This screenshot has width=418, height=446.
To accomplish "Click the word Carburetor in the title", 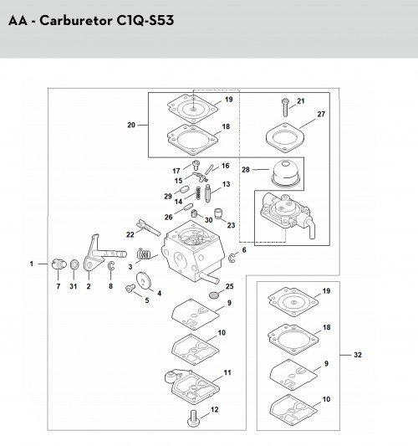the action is coord(75,21).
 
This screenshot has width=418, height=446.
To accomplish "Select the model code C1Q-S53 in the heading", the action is coord(145,21).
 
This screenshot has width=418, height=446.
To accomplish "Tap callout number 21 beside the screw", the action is coord(301,101).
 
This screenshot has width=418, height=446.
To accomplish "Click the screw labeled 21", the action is coord(285,107).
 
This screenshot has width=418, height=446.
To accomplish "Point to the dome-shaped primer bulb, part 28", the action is coord(286,173).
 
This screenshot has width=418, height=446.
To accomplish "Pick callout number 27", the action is coord(321,114).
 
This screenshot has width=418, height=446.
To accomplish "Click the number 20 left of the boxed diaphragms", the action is coord(131,125).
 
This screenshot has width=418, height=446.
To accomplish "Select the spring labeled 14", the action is coord(198,193).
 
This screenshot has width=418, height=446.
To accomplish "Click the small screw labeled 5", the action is coord(130,288).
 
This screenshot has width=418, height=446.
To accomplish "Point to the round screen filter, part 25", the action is coord(214,295).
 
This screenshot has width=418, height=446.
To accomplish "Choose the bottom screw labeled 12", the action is coord(193,418).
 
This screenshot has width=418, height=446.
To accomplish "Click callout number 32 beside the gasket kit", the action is coord(358,355).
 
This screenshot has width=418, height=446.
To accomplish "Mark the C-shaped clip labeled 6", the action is coord(232,258).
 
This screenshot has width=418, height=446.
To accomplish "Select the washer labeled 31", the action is coord(74,264).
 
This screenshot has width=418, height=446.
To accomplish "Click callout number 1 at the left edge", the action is coord(32,264).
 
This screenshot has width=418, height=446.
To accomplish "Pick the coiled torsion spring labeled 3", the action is coord(144,254).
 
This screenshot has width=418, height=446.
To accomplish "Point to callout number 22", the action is coord(130,234).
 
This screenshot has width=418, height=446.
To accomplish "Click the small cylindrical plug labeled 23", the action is coord(218,213).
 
